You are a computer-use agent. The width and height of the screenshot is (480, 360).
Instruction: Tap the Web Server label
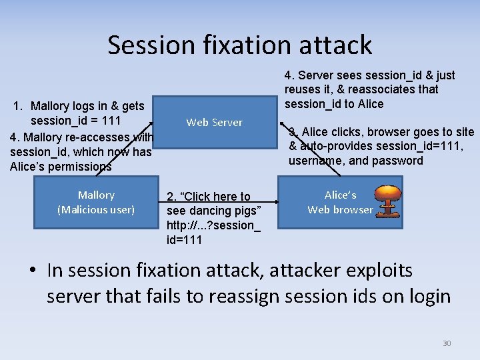tap(214, 122)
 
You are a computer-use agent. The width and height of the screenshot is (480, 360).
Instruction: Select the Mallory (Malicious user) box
tap(96, 202)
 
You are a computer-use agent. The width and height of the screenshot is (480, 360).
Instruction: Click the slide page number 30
tap(447, 343)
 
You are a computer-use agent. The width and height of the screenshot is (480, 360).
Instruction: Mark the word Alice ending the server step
tap(370, 104)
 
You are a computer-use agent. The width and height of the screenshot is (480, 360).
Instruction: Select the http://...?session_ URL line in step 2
tap(213, 225)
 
